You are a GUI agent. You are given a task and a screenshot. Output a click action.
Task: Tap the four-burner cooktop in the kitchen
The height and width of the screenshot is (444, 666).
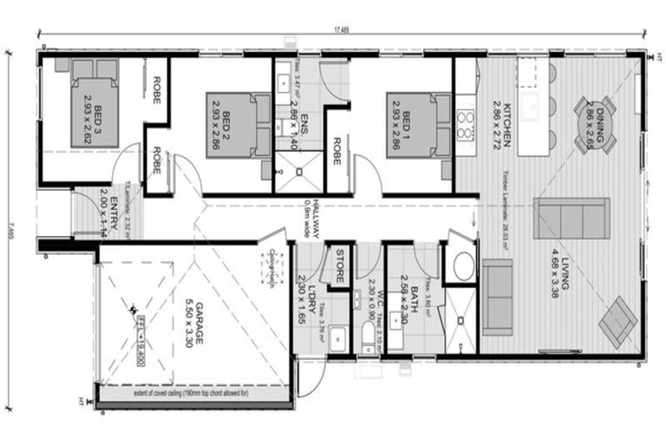(x=466, y=123)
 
